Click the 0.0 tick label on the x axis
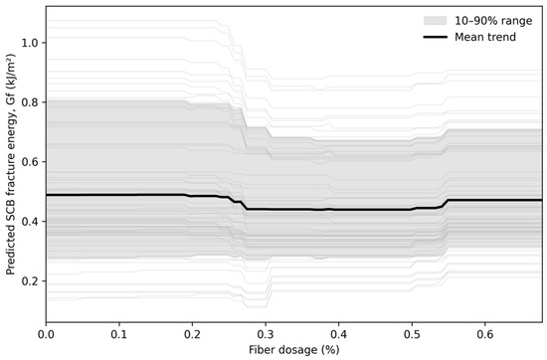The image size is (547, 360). point(46,334)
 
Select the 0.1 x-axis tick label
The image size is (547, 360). point(119,334)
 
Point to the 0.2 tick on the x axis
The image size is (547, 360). point(192,334)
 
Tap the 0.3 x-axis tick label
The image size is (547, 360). point(266,334)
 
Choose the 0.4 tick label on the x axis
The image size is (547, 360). point(338,334)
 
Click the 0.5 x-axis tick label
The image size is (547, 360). point(412,334)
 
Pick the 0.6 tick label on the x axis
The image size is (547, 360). point(484,334)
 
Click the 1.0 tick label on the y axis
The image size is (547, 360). point(29,43)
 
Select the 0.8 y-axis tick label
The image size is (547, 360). point(29,102)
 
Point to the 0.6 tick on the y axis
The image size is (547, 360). point(29,162)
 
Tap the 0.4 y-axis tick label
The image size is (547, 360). point(29,222)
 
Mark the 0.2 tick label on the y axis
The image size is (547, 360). point(29,281)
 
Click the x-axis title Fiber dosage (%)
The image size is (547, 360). point(294,350)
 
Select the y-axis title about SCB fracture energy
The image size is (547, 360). point(10,164)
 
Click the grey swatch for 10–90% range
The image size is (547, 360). point(435,21)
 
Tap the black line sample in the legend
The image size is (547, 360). point(435,37)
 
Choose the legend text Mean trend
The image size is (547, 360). point(485,37)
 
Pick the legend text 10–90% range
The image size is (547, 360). point(493,21)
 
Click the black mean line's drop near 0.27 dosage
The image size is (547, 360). point(244,205)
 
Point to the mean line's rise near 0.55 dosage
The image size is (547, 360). point(445,204)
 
